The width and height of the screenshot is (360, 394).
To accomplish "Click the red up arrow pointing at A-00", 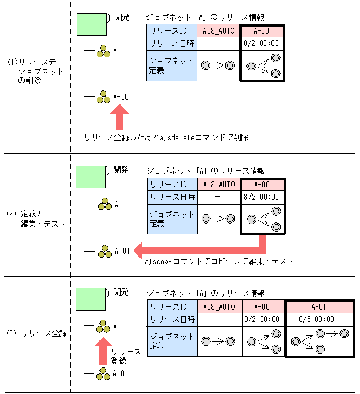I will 119,116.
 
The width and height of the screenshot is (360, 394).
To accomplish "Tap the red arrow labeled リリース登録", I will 103,350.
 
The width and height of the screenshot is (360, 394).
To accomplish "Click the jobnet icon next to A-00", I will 103,97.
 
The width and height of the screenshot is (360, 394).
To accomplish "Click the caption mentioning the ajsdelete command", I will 166,137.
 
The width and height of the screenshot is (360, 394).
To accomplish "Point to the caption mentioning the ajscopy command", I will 219,261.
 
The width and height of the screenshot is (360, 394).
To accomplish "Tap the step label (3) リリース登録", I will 36,333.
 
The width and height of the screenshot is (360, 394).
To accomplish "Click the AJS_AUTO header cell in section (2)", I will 219,185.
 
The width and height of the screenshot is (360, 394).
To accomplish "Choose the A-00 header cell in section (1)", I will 261,31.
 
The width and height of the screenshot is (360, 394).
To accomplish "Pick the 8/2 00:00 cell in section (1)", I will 262,43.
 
